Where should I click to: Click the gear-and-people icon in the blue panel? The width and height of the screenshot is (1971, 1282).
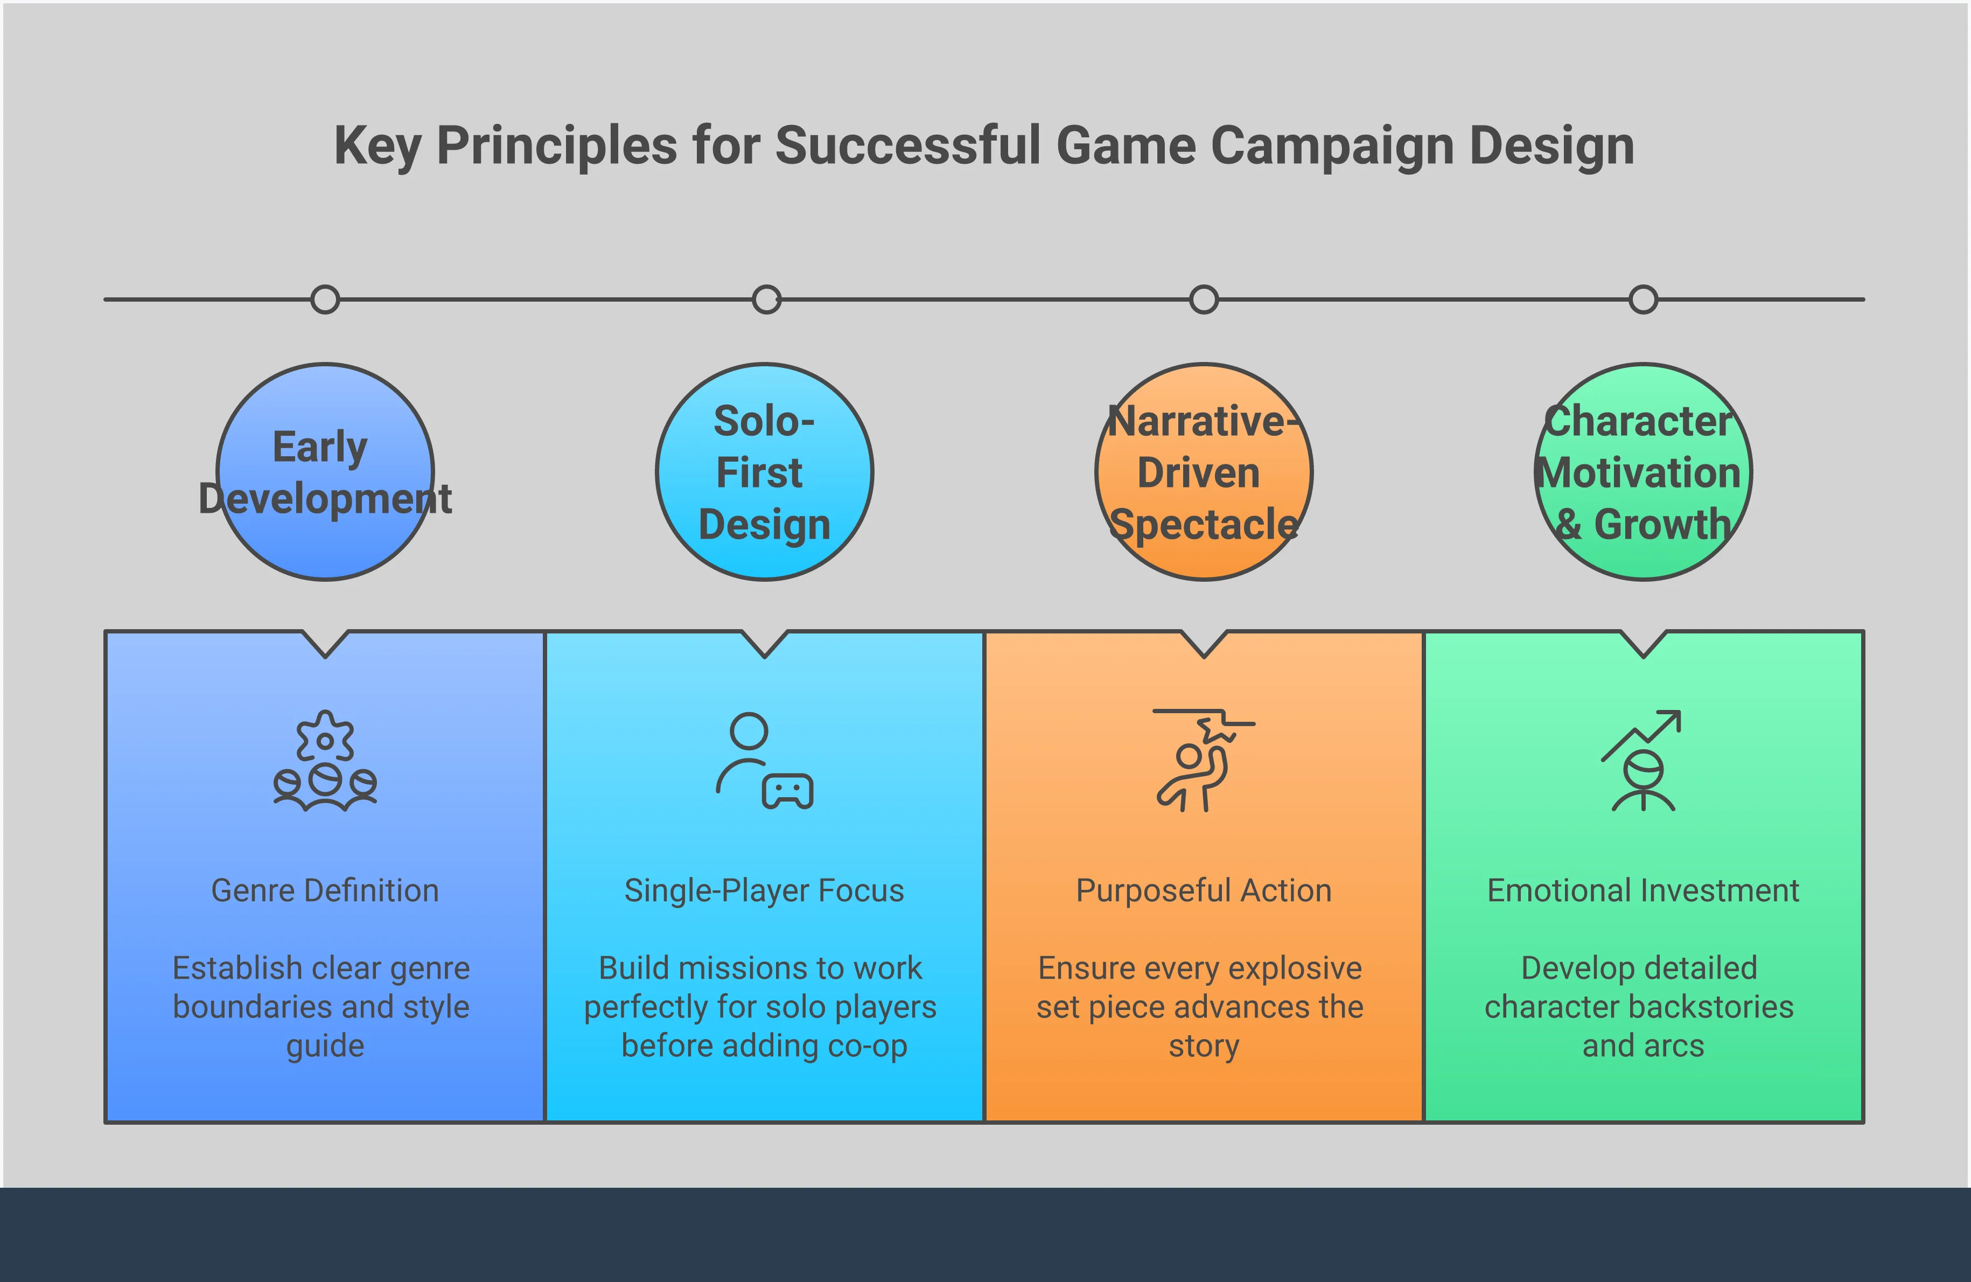click(325, 760)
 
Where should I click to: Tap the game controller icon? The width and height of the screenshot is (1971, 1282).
click(787, 792)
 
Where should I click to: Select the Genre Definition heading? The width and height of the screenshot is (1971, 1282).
click(325, 890)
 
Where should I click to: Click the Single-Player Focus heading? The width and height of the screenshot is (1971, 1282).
click(764, 890)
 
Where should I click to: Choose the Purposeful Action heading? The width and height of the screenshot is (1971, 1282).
click(1203, 890)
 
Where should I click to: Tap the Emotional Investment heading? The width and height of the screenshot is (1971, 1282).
click(1643, 890)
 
